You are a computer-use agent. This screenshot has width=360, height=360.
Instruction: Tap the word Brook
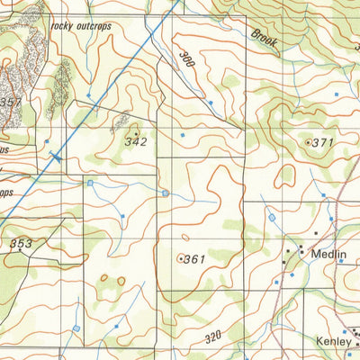264,39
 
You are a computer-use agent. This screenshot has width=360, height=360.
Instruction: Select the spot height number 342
136,142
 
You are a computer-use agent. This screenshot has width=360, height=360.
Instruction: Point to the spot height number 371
322,142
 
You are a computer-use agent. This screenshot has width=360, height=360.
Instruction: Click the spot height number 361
194,259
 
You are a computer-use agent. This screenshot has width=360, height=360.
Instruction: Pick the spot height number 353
22,244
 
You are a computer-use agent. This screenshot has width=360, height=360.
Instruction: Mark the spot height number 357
12,103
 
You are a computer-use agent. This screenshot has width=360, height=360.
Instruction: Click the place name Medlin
328,255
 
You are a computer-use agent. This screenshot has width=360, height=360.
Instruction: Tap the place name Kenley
333,341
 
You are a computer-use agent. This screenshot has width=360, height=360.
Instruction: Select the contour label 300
187,62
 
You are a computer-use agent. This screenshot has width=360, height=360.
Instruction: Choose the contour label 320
212,337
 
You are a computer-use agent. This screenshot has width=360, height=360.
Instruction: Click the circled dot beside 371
309,142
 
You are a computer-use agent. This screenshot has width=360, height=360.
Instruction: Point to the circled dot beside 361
182,258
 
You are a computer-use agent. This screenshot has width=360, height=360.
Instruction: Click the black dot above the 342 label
136,133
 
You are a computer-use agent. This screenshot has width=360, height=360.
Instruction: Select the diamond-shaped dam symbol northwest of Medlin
272,217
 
